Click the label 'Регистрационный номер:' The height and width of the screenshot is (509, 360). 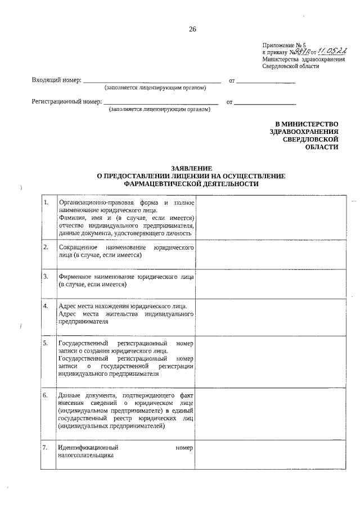(x=65, y=102)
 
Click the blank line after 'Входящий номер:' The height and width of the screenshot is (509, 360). (x=152, y=82)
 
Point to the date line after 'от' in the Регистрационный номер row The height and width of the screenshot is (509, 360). (x=264, y=103)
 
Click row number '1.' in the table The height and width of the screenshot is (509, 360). (x=46, y=202)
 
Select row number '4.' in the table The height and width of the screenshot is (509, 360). (x=46, y=306)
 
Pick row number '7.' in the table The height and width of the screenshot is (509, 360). (x=46, y=448)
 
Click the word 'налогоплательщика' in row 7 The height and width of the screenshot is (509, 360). (x=85, y=456)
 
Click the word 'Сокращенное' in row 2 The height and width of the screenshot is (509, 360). (x=78, y=247)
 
